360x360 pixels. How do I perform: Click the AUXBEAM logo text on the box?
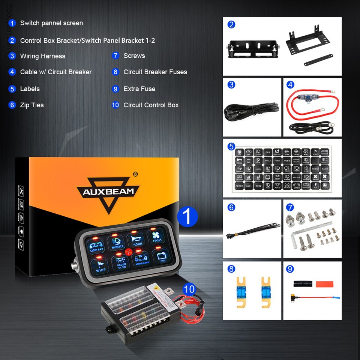click(108, 191)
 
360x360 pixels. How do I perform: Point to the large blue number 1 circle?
click(187, 217)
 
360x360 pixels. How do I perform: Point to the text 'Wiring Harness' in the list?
click(42, 56)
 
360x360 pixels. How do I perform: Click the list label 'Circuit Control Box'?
click(151, 105)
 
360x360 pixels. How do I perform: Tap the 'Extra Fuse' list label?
click(139, 89)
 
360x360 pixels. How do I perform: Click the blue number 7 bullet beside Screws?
click(115, 56)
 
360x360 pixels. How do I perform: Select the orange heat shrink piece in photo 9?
click(324, 284)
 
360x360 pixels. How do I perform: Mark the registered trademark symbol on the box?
click(135, 174)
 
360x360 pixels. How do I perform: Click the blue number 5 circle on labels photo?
click(231, 146)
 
